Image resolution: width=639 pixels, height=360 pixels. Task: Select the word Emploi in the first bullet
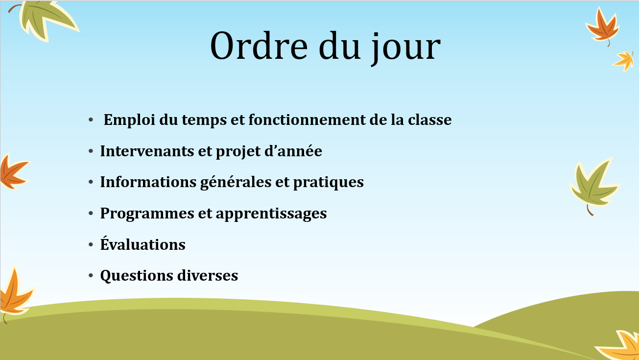pos(129,120)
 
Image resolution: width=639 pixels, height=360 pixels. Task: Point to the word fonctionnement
pos(307,120)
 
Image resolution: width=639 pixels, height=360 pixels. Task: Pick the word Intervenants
pos(147,151)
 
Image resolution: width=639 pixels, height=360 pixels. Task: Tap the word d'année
pos(293,151)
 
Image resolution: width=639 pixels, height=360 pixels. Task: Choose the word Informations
pos(148,182)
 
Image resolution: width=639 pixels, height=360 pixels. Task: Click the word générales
pos(236,183)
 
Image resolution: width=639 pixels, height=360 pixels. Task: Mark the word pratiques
pos(329,183)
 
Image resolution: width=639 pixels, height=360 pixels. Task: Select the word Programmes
pos(147,214)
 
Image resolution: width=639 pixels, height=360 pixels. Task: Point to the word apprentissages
pos(271,214)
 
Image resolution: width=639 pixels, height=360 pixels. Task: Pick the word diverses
pos(208,276)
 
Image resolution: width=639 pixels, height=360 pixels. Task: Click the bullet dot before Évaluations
pos(91,244)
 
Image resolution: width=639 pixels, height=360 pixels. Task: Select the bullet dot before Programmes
pos(91,213)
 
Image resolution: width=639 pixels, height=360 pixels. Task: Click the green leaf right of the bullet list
pos(594,186)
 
